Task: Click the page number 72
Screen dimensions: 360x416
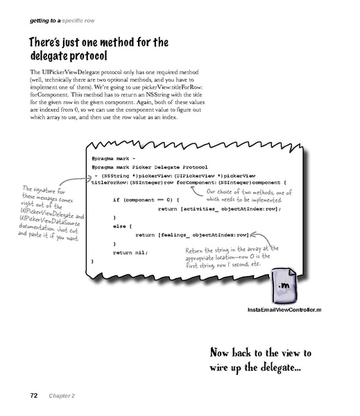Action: pos(33,396)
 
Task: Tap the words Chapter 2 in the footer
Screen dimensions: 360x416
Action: pos(63,396)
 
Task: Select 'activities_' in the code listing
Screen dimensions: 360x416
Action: pos(200,209)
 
